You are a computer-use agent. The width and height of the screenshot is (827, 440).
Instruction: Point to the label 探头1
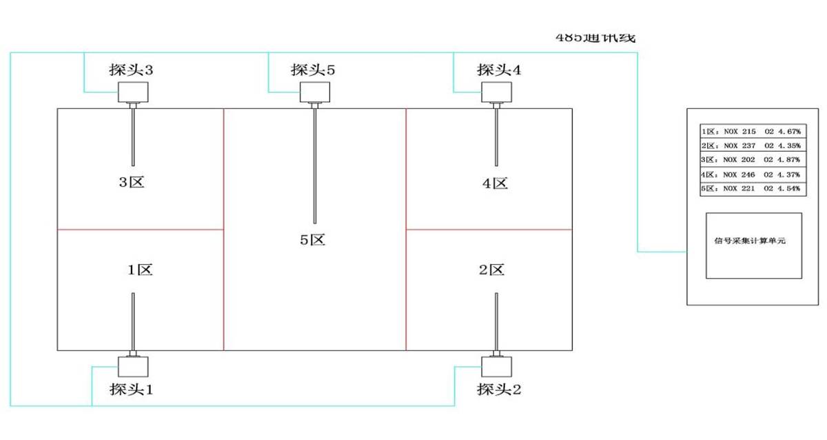(x=130, y=390)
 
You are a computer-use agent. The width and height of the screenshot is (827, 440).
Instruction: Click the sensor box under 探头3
(x=132, y=92)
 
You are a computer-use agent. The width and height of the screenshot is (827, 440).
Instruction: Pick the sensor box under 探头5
(x=315, y=92)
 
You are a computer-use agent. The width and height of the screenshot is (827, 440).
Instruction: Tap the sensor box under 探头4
(x=496, y=92)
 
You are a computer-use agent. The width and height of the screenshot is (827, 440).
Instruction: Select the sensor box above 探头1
(x=132, y=366)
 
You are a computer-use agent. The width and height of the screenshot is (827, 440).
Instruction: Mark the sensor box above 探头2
(x=496, y=366)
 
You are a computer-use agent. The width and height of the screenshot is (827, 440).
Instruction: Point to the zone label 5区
(x=312, y=240)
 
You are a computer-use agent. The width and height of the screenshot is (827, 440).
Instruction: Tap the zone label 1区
(x=140, y=270)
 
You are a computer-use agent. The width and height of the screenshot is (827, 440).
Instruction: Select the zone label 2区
(x=492, y=270)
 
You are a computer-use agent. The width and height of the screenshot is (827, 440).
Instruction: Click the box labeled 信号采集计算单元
(x=753, y=245)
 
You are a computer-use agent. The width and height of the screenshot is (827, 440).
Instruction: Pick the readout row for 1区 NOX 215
(x=751, y=131)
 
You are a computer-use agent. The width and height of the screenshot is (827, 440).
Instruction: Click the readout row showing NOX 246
(x=751, y=174)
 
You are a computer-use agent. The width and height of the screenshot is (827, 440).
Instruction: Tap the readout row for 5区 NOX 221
(x=751, y=188)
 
